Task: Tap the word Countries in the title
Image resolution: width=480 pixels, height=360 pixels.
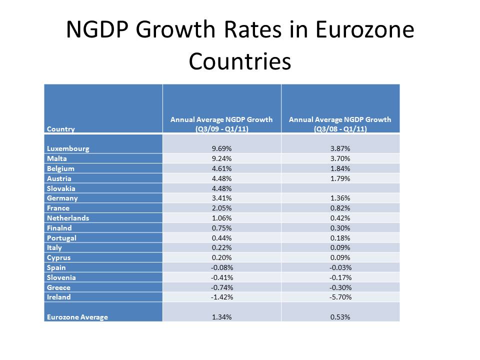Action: point(240,61)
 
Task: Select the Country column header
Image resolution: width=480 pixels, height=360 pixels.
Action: point(61,129)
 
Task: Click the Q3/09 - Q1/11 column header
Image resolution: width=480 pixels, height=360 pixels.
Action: point(221,124)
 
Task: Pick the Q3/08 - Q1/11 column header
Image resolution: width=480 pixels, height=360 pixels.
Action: point(340,124)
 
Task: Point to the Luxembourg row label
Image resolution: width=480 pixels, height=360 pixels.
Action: point(68,148)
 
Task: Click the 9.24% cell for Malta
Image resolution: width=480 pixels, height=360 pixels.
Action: point(221,158)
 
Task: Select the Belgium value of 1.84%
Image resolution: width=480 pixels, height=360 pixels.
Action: point(340,168)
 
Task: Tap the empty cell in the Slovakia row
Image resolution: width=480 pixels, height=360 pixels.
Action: point(340,188)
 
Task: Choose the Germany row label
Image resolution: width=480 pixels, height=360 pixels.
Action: point(62,198)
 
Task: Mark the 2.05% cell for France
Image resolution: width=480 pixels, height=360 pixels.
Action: point(221,208)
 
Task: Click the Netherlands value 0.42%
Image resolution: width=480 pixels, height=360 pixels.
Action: point(340,218)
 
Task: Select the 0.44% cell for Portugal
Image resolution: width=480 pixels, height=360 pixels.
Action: point(221,238)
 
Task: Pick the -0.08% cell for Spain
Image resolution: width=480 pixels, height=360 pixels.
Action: point(221,267)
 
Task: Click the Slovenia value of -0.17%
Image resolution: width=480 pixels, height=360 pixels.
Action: point(340,277)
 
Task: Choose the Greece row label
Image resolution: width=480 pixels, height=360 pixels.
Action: point(59,287)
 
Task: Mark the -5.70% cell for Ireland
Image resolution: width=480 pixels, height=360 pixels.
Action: point(340,297)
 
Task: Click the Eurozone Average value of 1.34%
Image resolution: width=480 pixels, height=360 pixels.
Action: point(221,317)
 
